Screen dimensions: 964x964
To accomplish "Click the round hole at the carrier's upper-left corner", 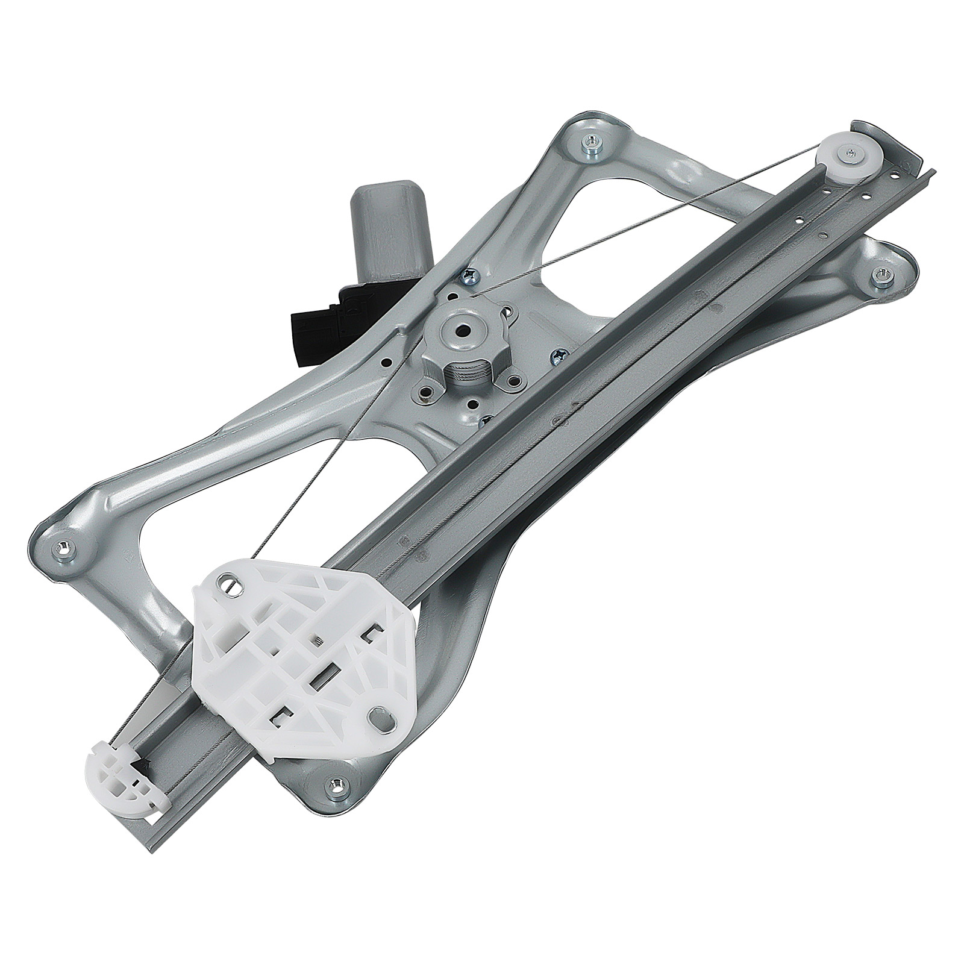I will [227, 584].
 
